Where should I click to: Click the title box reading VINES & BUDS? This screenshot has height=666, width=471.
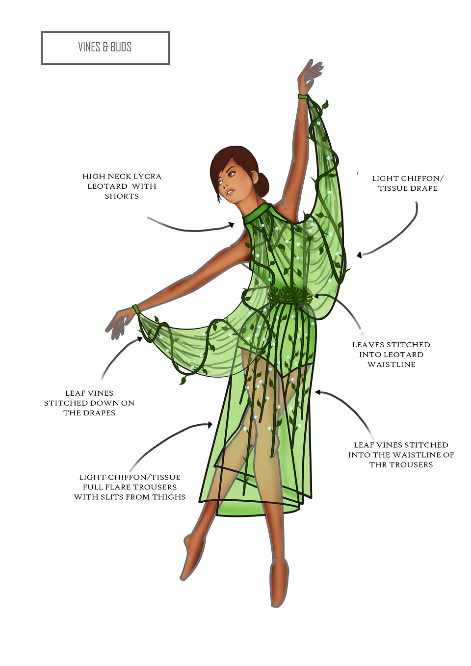[105, 48]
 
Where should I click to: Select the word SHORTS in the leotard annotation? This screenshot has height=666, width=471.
[122, 196]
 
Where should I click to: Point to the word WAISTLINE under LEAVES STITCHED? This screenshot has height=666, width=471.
[392, 364]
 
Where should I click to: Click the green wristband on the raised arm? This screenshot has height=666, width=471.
[303, 96]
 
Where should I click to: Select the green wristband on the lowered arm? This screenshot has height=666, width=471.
[136, 308]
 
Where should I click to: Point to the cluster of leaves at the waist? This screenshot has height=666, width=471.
[290, 295]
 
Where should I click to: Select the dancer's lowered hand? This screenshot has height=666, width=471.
[119, 323]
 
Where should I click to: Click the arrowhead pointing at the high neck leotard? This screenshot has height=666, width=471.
[232, 225]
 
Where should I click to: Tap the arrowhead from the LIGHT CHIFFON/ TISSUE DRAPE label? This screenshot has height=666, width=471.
[360, 255]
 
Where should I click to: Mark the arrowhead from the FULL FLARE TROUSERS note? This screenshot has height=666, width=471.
[210, 425]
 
